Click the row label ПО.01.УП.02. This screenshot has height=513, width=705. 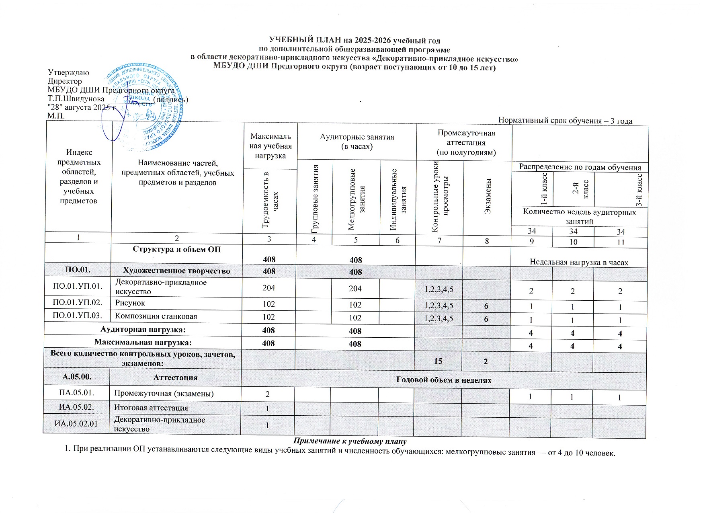78,303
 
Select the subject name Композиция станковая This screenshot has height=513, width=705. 156,316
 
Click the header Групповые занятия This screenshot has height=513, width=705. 315,199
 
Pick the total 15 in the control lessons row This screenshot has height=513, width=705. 438,361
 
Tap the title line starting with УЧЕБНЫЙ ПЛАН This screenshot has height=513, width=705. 354,41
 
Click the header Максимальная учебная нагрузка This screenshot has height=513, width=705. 270,146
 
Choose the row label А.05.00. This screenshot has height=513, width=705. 76,378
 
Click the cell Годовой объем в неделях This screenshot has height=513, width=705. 444,380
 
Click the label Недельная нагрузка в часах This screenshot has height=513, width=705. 579,262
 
